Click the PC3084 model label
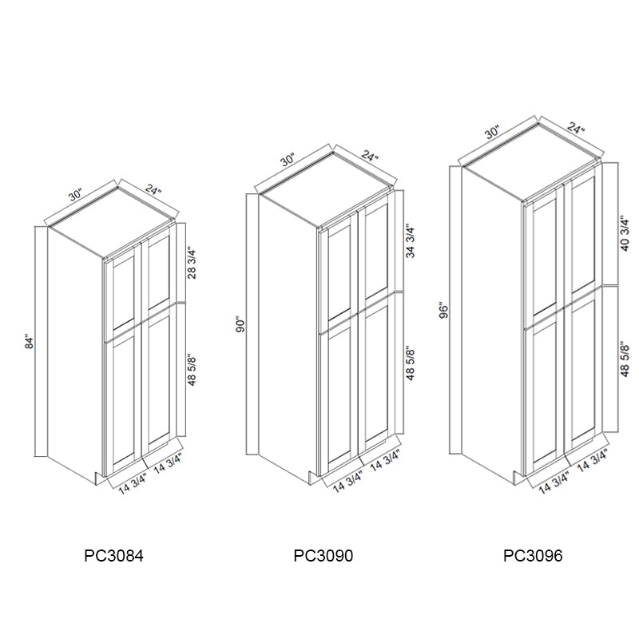pyautogui.click(x=113, y=555)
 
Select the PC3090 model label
pyautogui.click(x=323, y=555)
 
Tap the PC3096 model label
pyautogui.click(x=533, y=555)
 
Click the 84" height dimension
pyautogui.click(x=30, y=342)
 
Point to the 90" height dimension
pyautogui.click(x=241, y=325)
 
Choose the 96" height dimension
pyautogui.click(x=444, y=311)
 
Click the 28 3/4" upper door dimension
pyautogui.click(x=192, y=264)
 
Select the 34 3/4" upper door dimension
pyautogui.click(x=411, y=242)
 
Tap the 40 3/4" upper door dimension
pyautogui.click(x=625, y=235)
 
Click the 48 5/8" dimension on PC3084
pyautogui.click(x=192, y=370)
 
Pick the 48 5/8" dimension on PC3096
pyautogui.click(x=625, y=360)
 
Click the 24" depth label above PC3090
pyautogui.click(x=370, y=156)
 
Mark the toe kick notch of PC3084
pyautogui.click(x=99, y=478)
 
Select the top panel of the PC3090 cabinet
pyautogui.click(x=325, y=189)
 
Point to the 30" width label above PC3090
pyautogui.click(x=288, y=161)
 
